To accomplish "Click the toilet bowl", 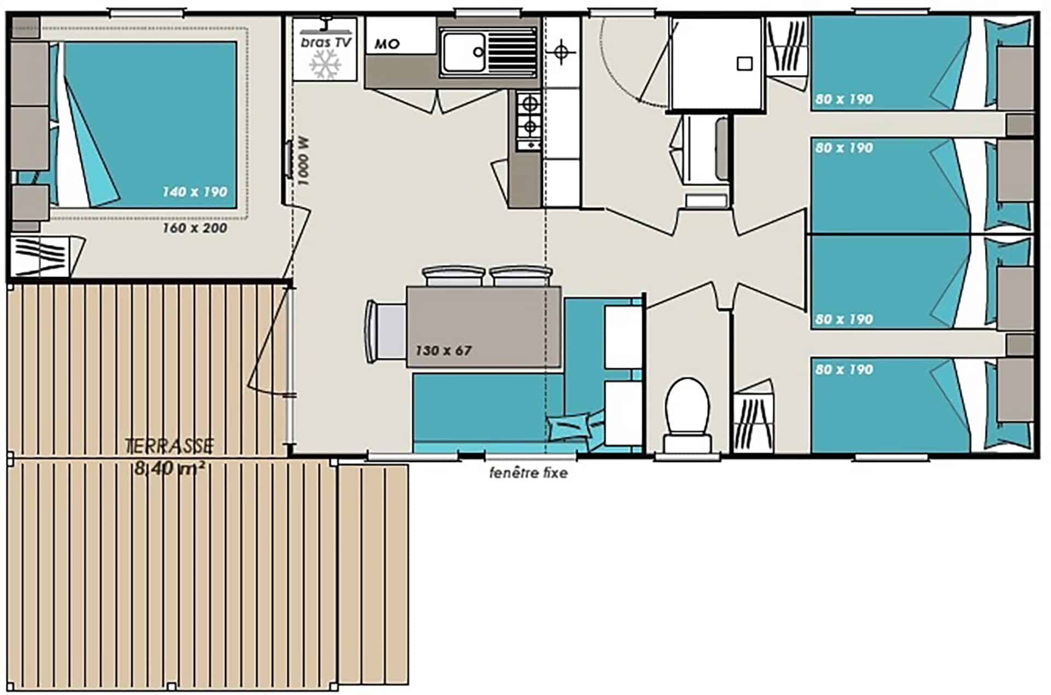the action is [687, 414].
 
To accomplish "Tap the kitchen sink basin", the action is [463, 53].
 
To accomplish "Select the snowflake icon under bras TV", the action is [325, 64].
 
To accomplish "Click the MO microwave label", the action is [387, 44].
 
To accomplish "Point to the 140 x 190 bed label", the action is [194, 192].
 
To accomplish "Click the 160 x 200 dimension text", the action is [194, 228].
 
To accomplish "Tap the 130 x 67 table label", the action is [443, 350].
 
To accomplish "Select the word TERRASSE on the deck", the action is [169, 446].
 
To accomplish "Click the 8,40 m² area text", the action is [170, 468].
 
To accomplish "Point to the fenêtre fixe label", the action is [528, 473].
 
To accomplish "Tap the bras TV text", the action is [326, 42].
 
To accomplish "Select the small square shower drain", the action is [744, 63].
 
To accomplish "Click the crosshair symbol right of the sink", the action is [561, 53].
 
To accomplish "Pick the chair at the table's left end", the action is [385, 332].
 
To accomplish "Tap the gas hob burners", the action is [529, 121].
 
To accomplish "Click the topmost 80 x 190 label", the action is [844, 100].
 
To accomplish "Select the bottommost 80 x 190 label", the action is [844, 369].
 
